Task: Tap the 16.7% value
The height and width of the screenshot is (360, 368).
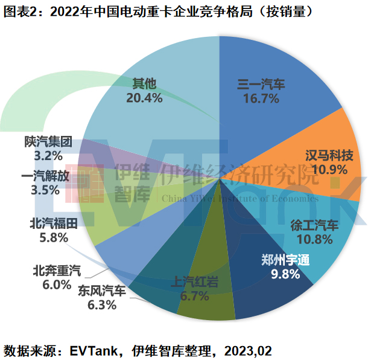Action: tap(261, 98)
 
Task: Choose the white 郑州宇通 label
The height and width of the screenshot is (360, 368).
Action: tap(284, 261)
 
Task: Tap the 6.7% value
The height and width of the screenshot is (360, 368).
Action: tap(194, 296)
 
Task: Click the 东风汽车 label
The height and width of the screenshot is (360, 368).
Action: tap(102, 292)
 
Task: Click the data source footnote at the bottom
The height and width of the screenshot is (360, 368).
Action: tap(138, 350)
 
